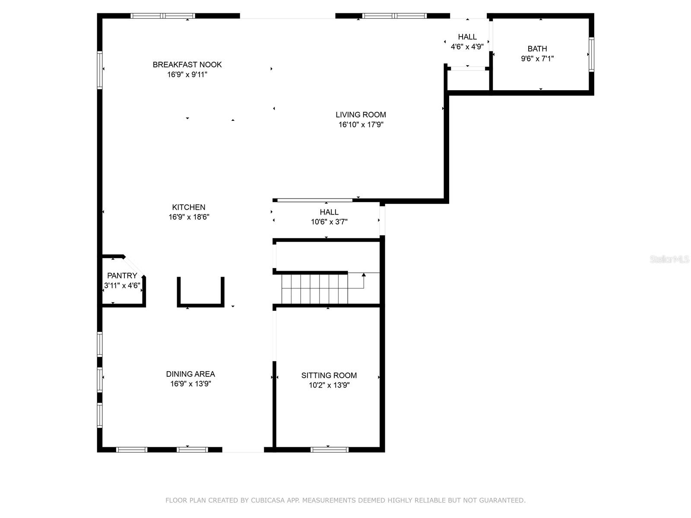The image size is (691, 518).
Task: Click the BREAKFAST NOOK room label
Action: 187,64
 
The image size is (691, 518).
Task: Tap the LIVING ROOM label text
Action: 361,114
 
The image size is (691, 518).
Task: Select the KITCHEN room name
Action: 189,207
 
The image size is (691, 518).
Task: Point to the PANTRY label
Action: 122,275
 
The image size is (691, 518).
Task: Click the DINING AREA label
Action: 190,374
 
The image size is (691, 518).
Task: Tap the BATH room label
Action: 537,48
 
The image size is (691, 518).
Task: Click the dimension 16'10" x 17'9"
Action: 361,125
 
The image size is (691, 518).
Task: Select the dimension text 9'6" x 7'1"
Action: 537,59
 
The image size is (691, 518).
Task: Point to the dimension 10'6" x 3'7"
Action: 329,222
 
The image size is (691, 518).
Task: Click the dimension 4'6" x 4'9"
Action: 467,47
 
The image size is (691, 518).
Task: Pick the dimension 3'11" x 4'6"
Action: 122,285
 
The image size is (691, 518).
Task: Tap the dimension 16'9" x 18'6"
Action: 189,217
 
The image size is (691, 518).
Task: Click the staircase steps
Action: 314,289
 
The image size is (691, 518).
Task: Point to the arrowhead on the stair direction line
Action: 364,275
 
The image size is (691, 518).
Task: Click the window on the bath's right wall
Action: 591,54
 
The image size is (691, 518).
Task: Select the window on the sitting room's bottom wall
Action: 329,449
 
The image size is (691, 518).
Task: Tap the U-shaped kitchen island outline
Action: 200,305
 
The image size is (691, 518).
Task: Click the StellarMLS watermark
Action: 669,259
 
